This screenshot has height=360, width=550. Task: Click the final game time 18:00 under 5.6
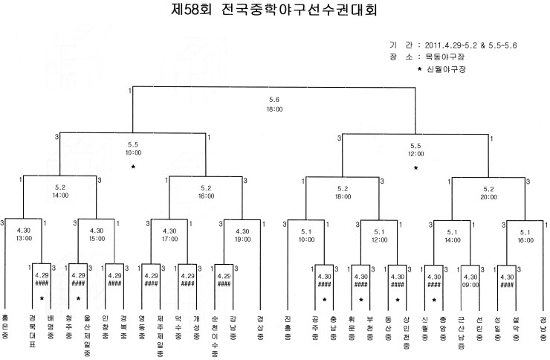pos(274,109)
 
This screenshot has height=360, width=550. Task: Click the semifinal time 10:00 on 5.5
pos(133,154)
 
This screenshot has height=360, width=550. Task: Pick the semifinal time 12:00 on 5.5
pos(416,154)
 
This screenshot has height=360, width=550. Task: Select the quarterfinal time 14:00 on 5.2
pos(61,196)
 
